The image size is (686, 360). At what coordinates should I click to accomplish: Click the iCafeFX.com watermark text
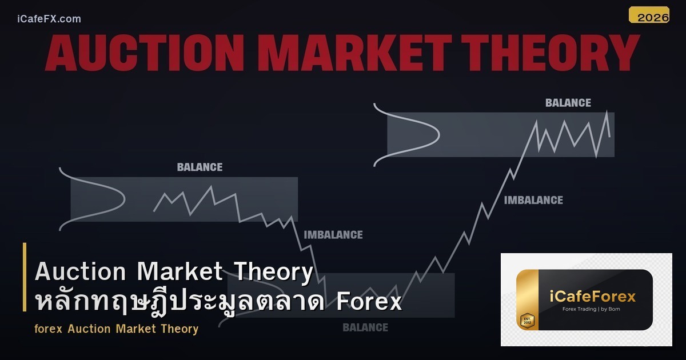(x=49, y=19)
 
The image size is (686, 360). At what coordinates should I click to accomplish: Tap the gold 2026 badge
(x=649, y=15)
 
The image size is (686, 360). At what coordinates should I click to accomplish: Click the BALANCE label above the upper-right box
(x=568, y=103)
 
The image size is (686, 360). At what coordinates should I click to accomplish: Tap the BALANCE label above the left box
(x=200, y=167)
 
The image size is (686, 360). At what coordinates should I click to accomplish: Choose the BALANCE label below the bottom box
(x=365, y=327)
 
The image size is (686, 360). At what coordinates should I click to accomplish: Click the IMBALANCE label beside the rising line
(x=533, y=200)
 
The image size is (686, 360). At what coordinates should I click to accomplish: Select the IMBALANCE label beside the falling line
(x=333, y=235)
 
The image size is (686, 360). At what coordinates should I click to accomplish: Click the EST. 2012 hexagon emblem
(x=527, y=320)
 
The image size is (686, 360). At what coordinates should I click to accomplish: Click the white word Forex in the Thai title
(x=369, y=301)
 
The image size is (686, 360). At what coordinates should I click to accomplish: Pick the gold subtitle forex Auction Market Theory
(x=116, y=329)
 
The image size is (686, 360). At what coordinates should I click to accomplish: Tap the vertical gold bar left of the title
(x=25, y=277)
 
